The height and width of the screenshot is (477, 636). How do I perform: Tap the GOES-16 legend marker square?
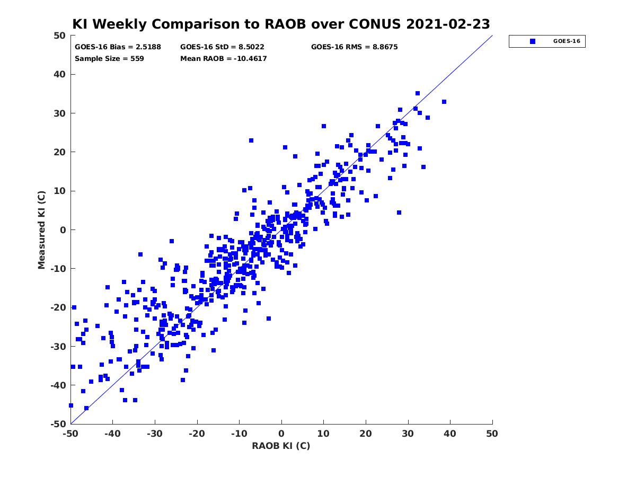(x=533, y=41)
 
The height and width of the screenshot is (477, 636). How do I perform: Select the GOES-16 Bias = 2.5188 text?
(x=118, y=47)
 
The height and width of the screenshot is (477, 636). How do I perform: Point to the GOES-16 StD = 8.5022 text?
(x=222, y=47)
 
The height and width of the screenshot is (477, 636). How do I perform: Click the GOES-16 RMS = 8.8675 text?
(x=354, y=47)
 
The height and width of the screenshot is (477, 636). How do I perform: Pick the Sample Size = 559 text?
(x=109, y=58)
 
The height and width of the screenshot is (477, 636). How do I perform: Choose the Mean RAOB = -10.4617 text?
(x=224, y=58)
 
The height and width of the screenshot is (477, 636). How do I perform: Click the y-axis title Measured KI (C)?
(x=41, y=230)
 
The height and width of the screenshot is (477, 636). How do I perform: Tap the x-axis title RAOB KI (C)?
(x=281, y=446)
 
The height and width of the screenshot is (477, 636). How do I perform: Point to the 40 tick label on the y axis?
(x=60, y=74)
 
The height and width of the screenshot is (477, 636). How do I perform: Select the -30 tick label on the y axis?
(x=58, y=347)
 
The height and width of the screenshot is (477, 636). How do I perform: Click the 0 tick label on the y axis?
(x=63, y=230)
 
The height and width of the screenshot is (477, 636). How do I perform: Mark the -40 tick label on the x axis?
(x=112, y=434)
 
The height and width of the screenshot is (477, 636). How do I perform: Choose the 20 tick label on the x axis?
(x=366, y=434)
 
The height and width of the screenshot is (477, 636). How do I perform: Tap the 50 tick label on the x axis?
(x=492, y=434)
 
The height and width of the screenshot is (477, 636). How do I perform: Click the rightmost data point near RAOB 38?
(x=444, y=102)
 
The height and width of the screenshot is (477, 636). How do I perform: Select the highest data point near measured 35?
(x=418, y=93)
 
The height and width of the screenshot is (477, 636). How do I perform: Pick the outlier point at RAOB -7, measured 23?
(x=251, y=140)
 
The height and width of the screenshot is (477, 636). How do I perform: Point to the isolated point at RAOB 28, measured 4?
(x=399, y=213)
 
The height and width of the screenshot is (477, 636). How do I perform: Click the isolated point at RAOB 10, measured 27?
(x=324, y=126)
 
